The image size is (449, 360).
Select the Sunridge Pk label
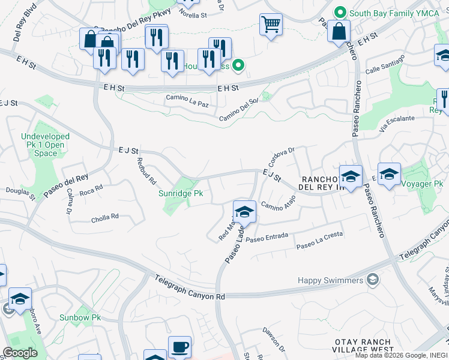[x=181, y=194]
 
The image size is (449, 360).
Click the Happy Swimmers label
[x=331, y=280]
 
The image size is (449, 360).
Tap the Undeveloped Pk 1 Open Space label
[x=46, y=145]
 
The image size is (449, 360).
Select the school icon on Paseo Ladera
[x=244, y=212]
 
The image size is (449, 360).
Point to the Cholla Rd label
[x=105, y=217]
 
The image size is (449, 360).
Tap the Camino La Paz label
[x=187, y=97]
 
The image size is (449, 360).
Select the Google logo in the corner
[x=20, y=353]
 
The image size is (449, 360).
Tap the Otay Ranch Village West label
[x=364, y=345]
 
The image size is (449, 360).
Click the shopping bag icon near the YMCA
[x=339, y=32]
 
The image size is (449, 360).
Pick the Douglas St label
[x=20, y=192]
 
